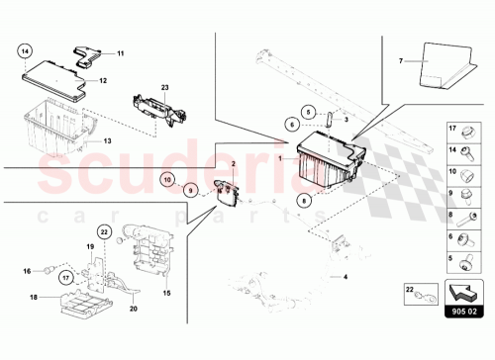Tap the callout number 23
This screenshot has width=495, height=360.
tap(165, 89)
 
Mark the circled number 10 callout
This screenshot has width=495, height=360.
tap(168, 181)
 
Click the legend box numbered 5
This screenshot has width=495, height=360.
tap(462, 261)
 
